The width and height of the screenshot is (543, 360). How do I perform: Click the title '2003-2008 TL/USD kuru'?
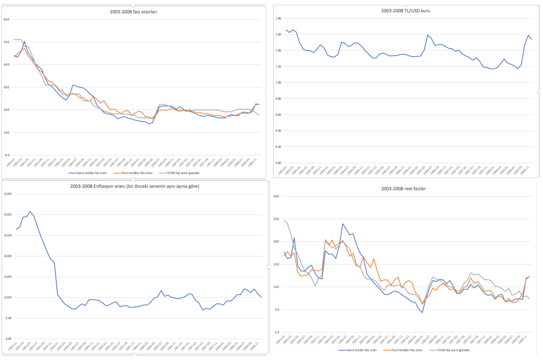pyautogui.click(x=406, y=10)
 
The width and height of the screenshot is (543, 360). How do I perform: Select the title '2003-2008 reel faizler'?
pyautogui.click(x=404, y=189)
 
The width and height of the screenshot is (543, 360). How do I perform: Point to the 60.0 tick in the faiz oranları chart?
pyautogui.click(x=6, y=20)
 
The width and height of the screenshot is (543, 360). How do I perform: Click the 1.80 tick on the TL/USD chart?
pyautogui.click(x=277, y=18)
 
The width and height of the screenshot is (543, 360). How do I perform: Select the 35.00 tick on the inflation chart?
pyautogui.click(x=8, y=194)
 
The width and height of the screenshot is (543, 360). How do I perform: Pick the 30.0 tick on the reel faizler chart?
pyautogui.click(x=276, y=196)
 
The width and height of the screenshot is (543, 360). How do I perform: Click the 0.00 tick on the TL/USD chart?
pyautogui.click(x=277, y=163)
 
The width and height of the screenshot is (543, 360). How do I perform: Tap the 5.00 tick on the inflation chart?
pyautogui.click(x=8, y=318)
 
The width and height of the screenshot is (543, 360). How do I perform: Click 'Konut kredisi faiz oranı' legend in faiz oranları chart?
pyautogui.click(x=91, y=173)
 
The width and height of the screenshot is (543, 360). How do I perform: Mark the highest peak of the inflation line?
pyautogui.click(x=30, y=212)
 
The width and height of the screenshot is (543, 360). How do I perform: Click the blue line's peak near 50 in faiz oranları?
pyautogui.click(x=24, y=41)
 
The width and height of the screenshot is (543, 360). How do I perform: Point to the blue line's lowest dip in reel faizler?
pyautogui.click(x=422, y=312)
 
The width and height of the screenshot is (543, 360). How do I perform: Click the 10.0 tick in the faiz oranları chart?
pyautogui.click(x=6, y=133)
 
